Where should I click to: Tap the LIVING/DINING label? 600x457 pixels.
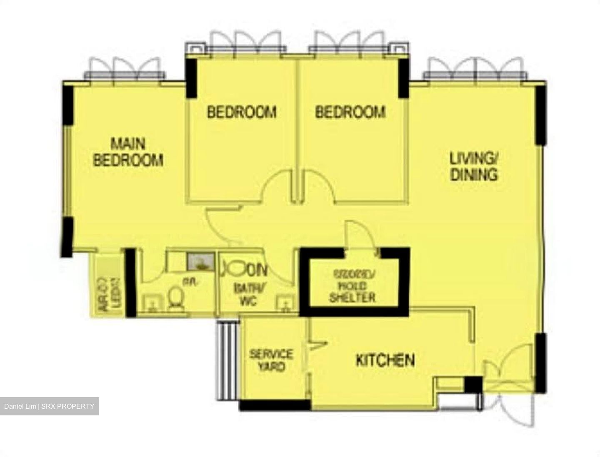coord(474,166)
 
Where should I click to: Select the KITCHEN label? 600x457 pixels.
coord(385,360)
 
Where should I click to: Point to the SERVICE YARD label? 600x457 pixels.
coord(271,360)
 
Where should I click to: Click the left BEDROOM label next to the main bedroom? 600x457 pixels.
coord(242,112)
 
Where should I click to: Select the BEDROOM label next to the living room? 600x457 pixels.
coord(350,112)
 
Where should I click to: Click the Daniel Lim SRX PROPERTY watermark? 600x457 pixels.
coord(49,406)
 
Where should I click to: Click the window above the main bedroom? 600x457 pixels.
coord(125,69)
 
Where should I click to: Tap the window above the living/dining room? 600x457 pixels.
coord(475,69)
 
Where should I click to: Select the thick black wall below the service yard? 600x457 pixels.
coord(275,405)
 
